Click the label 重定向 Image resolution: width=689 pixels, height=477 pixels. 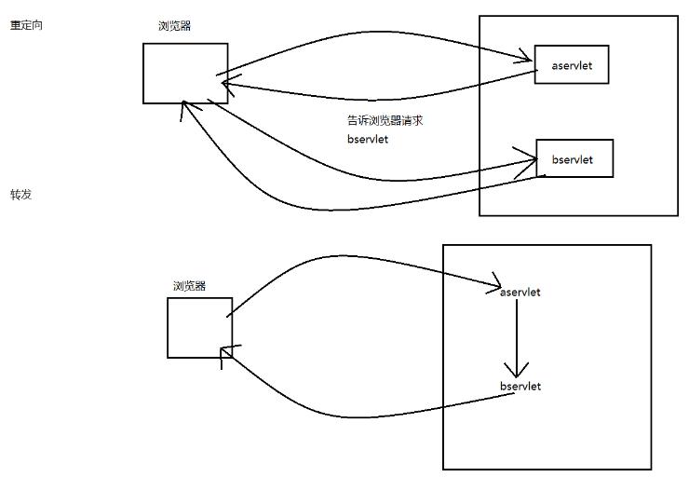[x=26, y=26]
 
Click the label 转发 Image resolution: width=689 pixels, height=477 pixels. [x=20, y=195]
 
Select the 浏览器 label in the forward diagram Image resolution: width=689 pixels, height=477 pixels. [x=189, y=286]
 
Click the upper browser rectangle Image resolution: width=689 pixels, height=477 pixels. [x=185, y=73]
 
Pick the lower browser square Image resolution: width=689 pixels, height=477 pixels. [x=199, y=327]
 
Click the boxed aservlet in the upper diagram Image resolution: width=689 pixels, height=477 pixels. [x=571, y=63]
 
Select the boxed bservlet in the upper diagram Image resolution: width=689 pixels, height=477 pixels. [x=574, y=158]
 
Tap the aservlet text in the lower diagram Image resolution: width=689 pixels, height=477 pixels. [x=520, y=292]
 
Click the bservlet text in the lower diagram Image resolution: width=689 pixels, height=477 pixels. [x=520, y=386]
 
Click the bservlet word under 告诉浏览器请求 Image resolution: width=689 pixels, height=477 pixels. [x=366, y=139]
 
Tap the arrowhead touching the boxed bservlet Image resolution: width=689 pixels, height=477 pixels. [x=532, y=162]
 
